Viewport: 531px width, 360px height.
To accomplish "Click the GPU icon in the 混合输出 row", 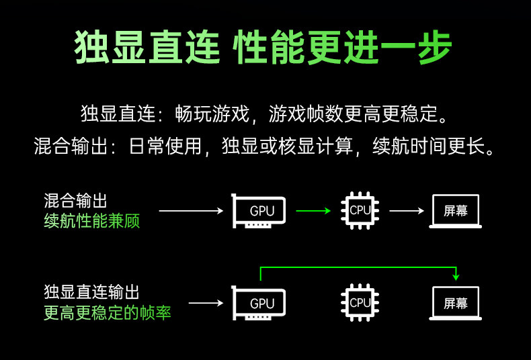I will [x=259, y=211].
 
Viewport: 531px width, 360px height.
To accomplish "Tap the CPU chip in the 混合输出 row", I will [x=360, y=210].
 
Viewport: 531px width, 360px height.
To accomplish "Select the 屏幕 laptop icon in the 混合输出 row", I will [x=456, y=211].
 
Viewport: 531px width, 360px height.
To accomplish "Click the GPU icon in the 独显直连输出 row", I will [x=259, y=304].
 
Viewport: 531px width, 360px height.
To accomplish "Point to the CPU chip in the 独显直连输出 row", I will [x=360, y=303].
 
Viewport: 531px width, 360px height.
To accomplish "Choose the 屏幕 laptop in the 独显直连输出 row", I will [x=456, y=303].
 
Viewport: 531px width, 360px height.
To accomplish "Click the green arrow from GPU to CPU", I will [x=313, y=211].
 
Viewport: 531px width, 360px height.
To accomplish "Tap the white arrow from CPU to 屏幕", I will [x=407, y=211].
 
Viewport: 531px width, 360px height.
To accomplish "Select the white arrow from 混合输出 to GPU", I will [x=190, y=211].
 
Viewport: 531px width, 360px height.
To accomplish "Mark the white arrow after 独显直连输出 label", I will [x=206, y=304].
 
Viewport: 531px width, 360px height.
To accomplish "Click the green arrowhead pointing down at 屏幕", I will [x=456, y=276].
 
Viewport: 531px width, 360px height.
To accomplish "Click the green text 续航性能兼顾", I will [x=92, y=222].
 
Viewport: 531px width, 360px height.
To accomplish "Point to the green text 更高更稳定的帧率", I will [x=108, y=313].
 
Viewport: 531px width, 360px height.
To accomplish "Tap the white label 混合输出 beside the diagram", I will [x=75, y=201].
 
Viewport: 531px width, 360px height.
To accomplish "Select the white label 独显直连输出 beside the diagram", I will [x=92, y=292].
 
